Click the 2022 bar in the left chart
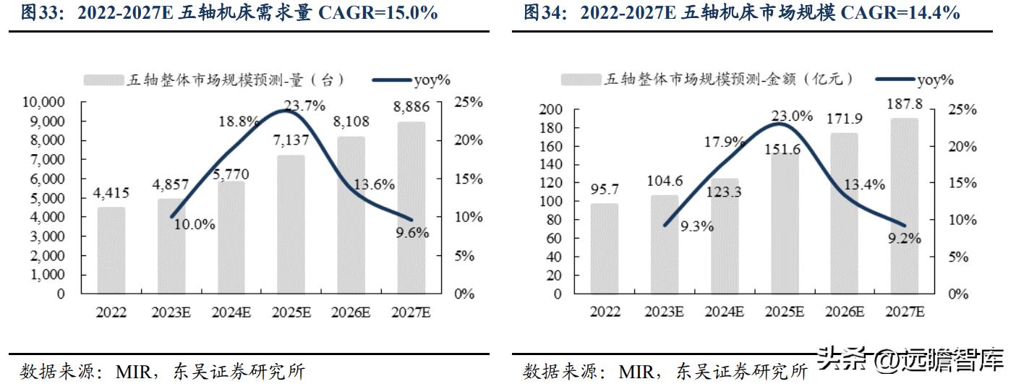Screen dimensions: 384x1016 pos(111,250)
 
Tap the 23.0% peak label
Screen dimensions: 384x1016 pos(793,116)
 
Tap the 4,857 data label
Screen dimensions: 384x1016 pos(171,184)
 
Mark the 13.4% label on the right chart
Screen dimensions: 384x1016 pos(863,184)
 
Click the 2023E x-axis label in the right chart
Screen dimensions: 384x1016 pos(664,312)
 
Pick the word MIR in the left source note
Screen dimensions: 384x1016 pos(133,372)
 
